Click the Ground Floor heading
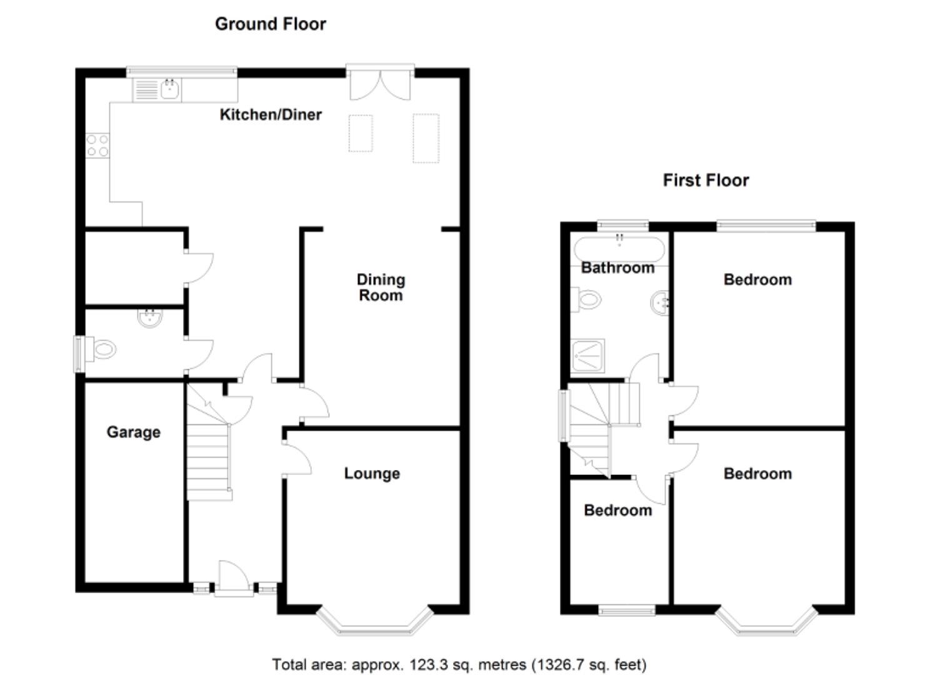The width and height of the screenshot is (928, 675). (x=270, y=24)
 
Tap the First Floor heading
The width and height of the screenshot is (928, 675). (x=706, y=181)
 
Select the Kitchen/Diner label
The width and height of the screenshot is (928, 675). (x=271, y=114)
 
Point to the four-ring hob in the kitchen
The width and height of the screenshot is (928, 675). (x=97, y=146)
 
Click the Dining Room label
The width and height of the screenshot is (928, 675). (x=381, y=287)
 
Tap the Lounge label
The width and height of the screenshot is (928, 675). (x=372, y=474)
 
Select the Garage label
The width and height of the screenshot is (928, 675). (x=133, y=432)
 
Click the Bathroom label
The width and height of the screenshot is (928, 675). (x=617, y=267)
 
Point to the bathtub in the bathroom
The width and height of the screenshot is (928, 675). (x=619, y=248)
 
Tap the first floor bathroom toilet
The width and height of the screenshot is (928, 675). (x=587, y=300)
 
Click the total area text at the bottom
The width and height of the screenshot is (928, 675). (x=459, y=664)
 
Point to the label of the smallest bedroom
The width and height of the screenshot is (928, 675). (x=617, y=510)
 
